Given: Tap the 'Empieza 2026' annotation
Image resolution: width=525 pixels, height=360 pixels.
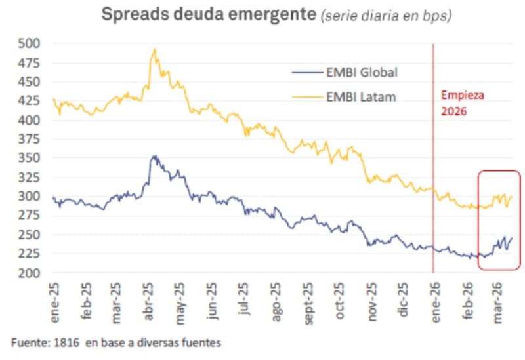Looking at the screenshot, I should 461,103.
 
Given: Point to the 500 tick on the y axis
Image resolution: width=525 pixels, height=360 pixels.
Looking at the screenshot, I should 30,44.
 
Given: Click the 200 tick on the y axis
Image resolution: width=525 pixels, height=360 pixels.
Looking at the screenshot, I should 30,273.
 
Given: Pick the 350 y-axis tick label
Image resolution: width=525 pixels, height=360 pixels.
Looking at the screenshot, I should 30,159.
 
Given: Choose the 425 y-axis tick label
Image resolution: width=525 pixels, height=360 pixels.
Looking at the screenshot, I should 30,102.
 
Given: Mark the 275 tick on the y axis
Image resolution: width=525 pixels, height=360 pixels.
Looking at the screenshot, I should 30,216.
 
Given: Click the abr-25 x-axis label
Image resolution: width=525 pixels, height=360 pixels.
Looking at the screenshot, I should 148,301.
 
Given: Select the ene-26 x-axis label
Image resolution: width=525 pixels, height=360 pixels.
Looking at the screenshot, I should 434,301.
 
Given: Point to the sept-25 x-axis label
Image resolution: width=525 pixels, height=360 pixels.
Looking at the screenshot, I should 307,302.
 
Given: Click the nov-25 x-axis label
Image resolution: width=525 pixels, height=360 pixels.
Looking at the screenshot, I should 371,301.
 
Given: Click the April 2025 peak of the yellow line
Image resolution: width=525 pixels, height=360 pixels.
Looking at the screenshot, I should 154,49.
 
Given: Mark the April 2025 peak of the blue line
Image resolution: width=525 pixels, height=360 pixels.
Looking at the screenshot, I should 154,156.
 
